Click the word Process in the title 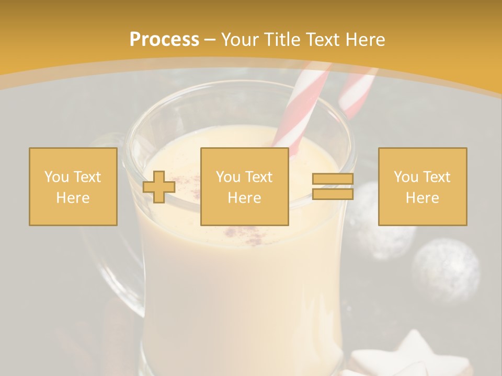point(164,40)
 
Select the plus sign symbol point(159,187)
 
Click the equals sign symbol point(333,186)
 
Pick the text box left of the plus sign point(73,186)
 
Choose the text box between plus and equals point(244,186)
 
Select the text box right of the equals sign point(422,186)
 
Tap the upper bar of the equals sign point(333,179)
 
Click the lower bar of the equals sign point(333,194)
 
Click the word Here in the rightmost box point(422,197)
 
